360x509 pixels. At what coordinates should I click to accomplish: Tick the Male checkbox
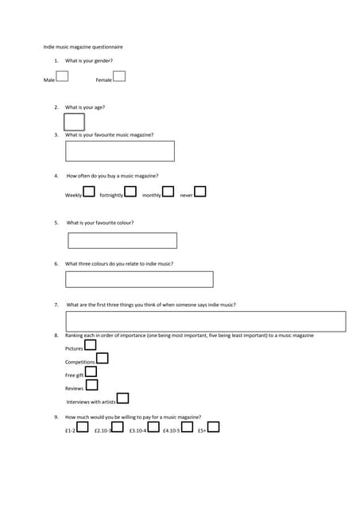[x=62, y=76]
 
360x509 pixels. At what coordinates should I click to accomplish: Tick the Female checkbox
[x=119, y=76]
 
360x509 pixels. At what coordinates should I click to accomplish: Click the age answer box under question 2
[x=74, y=122]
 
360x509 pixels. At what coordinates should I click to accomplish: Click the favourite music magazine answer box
[x=120, y=151]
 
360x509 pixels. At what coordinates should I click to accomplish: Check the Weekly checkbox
[x=89, y=192]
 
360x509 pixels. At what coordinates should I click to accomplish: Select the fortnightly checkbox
[x=130, y=192]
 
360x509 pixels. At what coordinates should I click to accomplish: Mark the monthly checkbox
[x=168, y=192]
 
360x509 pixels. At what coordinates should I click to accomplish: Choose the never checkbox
[x=200, y=192]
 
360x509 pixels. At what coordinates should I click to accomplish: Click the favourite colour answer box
[x=122, y=240]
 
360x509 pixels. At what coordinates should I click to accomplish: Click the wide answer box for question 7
[x=206, y=321]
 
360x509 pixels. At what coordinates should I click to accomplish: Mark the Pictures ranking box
[x=91, y=345]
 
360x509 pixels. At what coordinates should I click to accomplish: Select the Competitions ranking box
[x=102, y=359]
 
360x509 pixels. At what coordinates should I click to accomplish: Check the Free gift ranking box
[x=91, y=371]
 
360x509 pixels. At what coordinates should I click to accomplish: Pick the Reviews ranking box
[x=92, y=385]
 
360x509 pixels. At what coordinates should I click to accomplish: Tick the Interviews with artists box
[x=122, y=398]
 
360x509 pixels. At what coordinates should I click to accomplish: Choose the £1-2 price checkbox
[x=83, y=427]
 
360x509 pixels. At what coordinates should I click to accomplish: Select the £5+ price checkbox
[x=214, y=427]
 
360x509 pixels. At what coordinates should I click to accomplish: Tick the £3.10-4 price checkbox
[x=153, y=427]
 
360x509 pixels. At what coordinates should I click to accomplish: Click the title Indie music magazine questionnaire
[x=83, y=47]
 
